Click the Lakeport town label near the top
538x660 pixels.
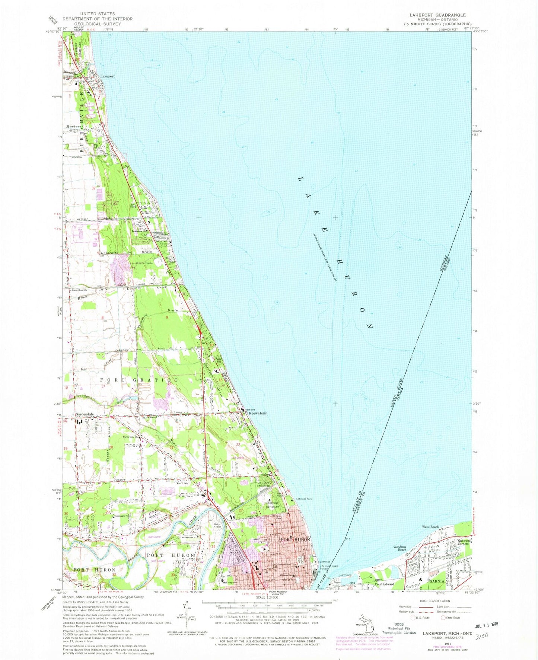107,76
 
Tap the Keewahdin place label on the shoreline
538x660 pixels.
258,413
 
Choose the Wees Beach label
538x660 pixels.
430,527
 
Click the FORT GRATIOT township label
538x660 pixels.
139,380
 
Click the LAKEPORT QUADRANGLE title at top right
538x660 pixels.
437,15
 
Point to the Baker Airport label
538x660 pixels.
217,526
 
